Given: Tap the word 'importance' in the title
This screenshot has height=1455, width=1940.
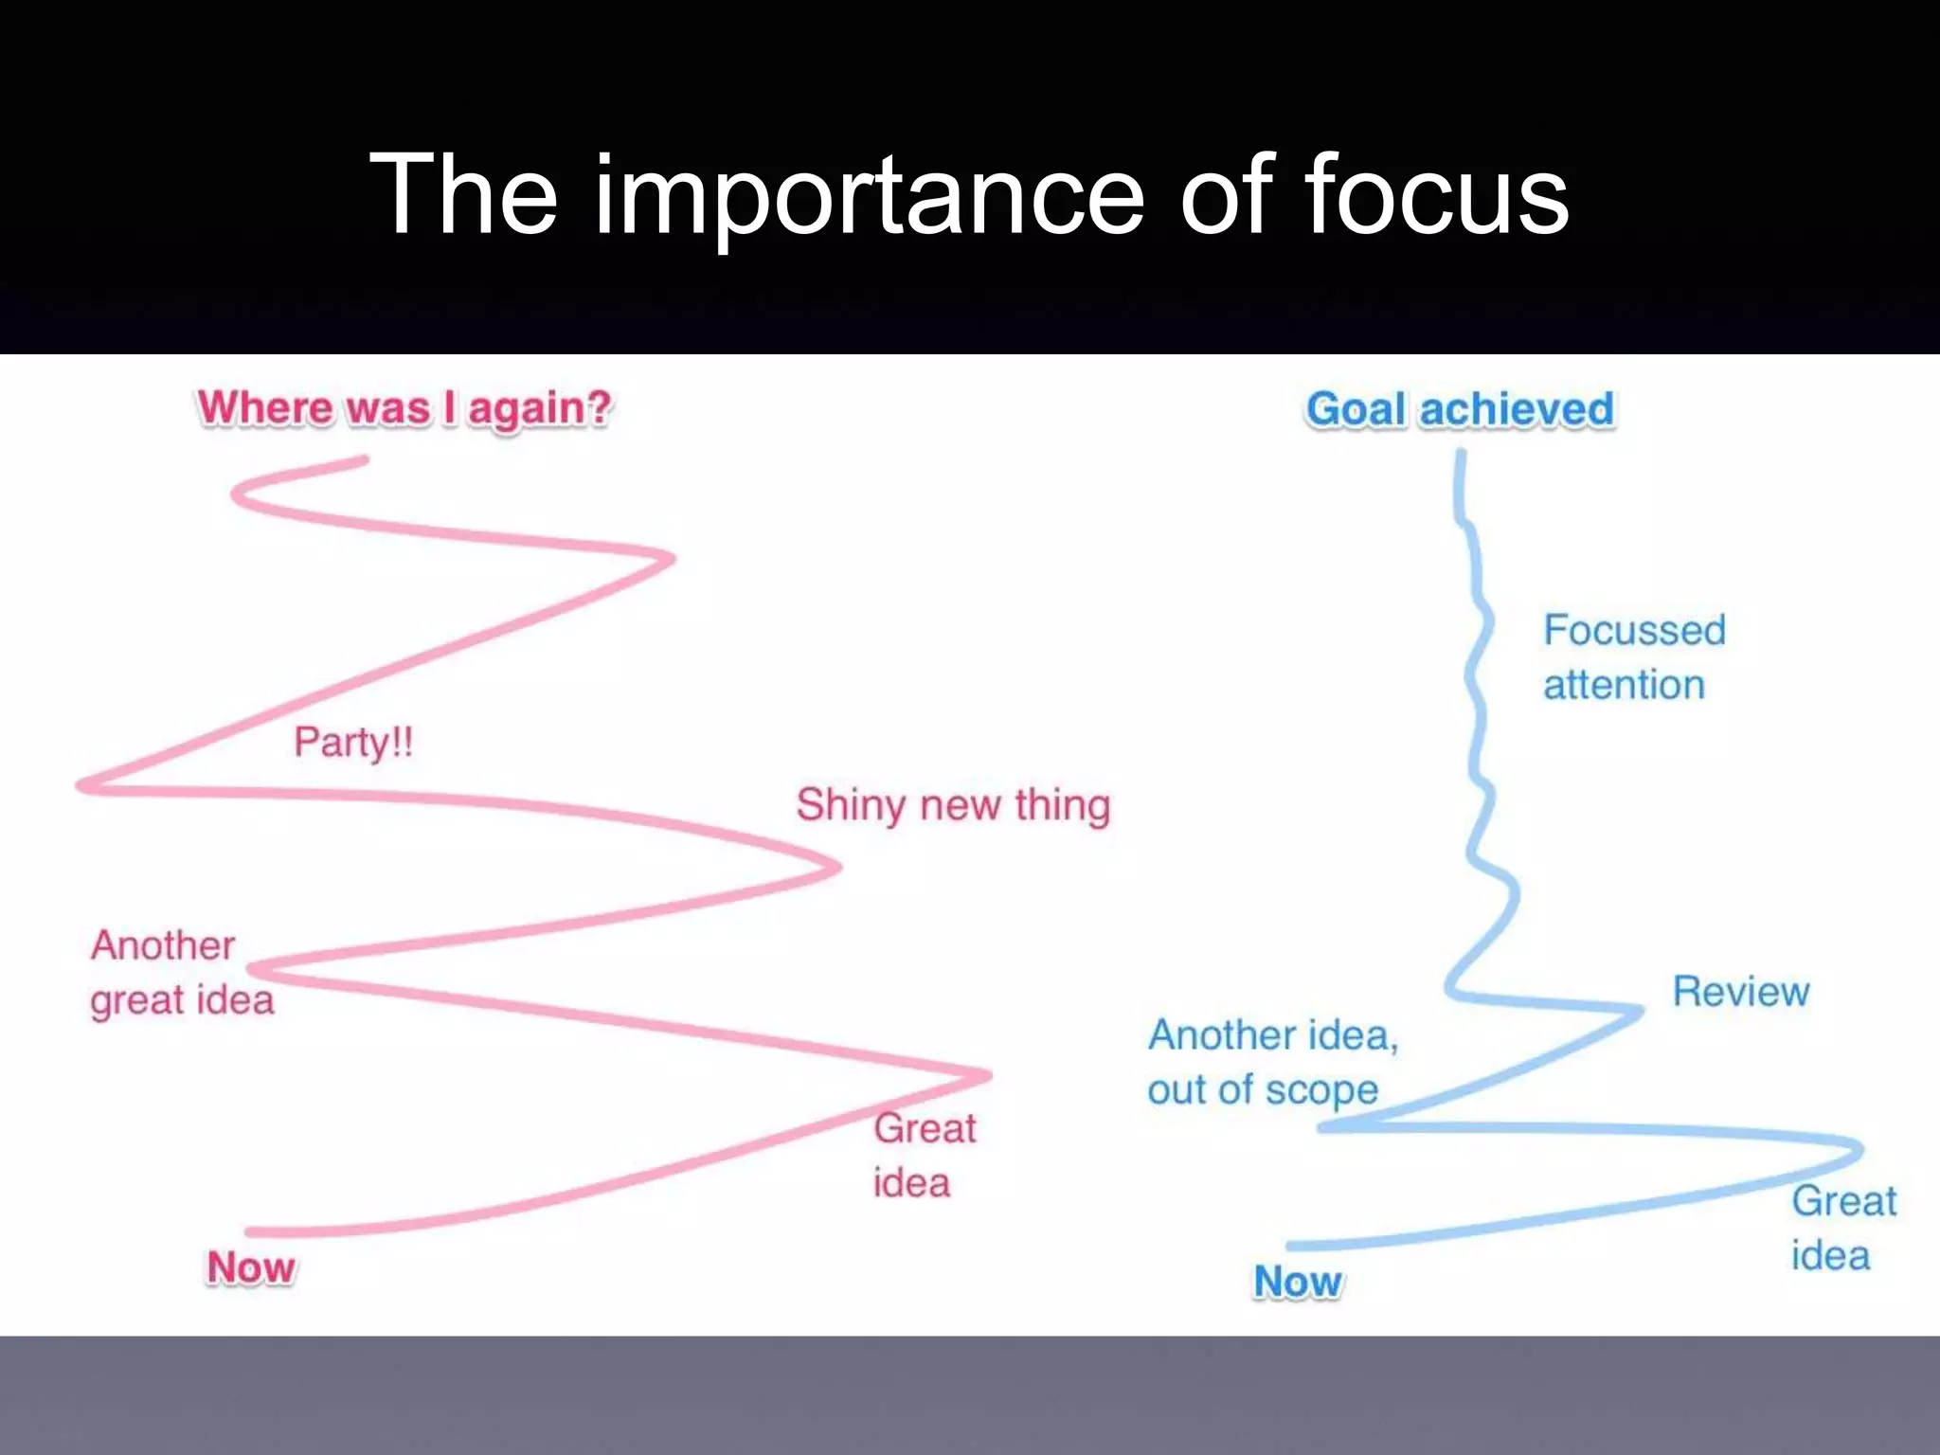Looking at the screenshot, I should click(x=870, y=197).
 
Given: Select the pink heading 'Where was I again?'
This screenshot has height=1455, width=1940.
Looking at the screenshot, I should click(x=404, y=408).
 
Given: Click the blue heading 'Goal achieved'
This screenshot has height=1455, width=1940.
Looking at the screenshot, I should click(x=1459, y=409).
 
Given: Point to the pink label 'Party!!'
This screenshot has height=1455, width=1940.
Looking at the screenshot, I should click(x=353, y=742).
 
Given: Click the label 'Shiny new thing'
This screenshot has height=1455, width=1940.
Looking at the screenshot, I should click(x=952, y=805).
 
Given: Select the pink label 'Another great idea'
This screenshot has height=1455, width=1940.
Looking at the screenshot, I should click(x=181, y=973).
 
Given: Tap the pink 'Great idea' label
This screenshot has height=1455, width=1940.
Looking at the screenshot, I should click(x=924, y=1155).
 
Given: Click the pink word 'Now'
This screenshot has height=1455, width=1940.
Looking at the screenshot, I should click(x=250, y=1267).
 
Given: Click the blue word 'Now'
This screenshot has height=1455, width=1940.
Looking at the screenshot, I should click(x=1297, y=1282).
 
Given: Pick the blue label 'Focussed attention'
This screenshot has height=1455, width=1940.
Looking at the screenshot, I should click(x=1633, y=656).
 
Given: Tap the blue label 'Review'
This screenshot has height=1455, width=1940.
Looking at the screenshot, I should click(x=1740, y=992).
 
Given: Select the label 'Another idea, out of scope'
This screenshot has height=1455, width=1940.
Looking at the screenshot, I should click(x=1271, y=1062).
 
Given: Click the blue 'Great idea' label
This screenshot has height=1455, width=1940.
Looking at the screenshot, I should click(x=1842, y=1228).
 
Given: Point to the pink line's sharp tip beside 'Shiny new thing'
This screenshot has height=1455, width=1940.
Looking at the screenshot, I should click(x=837, y=866).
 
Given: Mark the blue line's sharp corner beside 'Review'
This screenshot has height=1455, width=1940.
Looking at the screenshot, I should click(x=1640, y=1010).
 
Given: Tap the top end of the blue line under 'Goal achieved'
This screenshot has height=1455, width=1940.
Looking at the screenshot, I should click(x=1461, y=454).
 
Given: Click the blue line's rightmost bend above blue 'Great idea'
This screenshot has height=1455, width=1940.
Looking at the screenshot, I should click(x=1859, y=1148).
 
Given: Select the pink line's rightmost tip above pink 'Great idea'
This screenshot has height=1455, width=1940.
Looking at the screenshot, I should click(x=988, y=1075).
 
